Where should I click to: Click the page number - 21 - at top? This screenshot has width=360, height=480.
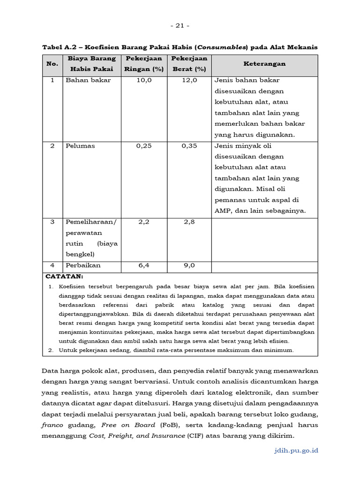180,25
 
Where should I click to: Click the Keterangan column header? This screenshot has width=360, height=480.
264,64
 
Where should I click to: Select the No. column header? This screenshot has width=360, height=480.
52,64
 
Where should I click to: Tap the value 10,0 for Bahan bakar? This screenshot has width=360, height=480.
144,80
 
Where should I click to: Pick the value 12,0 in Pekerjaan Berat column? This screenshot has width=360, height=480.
189,80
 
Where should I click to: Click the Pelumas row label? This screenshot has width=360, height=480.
80,146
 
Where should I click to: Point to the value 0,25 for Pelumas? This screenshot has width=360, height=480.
144,146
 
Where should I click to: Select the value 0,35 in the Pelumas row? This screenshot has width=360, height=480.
189,146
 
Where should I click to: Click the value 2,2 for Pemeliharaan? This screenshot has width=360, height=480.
144,222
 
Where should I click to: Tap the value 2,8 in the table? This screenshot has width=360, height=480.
189,222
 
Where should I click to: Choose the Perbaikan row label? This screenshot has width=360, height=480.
83,265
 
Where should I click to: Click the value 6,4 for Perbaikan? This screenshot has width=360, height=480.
144,265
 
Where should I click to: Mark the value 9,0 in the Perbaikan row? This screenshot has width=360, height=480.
189,265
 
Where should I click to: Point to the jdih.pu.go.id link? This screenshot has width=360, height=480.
295,450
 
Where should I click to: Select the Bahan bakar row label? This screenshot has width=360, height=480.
88,80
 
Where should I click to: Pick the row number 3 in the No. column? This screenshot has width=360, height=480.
52,222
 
